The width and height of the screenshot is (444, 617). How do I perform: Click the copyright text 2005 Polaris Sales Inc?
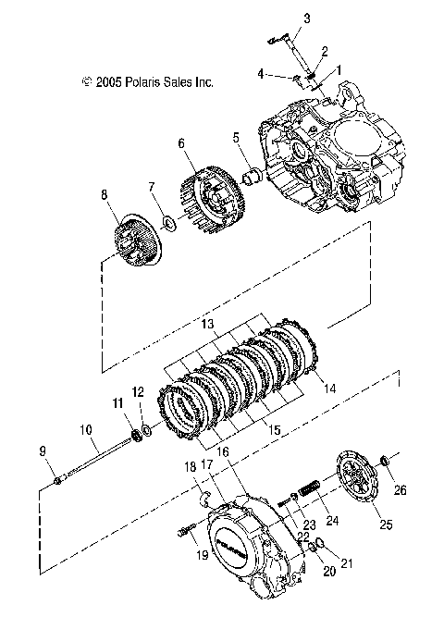(x=148, y=82)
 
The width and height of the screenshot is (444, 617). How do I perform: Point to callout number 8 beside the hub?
(x=105, y=194)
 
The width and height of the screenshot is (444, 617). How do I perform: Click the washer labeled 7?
(x=169, y=223)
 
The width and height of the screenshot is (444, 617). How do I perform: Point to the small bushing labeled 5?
(x=251, y=174)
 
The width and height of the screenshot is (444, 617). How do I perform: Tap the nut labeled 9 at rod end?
(x=59, y=478)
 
